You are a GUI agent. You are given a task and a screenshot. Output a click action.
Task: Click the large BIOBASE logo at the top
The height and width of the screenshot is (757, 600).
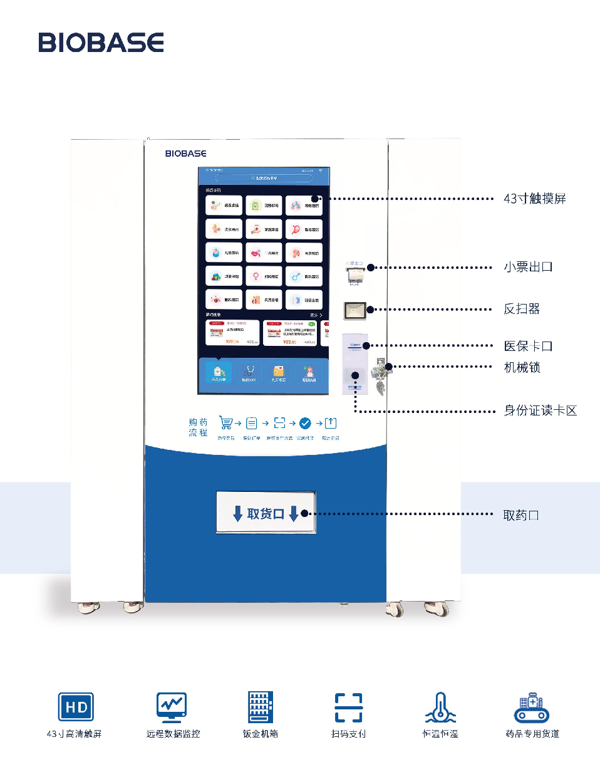click(x=101, y=42)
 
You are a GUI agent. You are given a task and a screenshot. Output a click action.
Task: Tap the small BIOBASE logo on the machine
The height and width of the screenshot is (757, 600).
click(x=185, y=153)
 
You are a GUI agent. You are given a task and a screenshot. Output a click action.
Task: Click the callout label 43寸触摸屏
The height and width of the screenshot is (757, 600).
click(x=534, y=199)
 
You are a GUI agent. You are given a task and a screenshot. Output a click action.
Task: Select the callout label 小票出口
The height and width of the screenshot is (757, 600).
click(x=528, y=267)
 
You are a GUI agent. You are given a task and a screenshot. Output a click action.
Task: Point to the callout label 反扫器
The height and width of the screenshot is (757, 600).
click(x=522, y=309)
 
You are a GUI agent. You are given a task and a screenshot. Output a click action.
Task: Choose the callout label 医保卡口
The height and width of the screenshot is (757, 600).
click(x=528, y=346)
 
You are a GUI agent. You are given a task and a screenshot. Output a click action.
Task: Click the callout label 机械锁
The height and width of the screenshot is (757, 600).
click(x=522, y=367)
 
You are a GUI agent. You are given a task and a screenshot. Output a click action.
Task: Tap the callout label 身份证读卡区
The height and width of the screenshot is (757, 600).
click(x=540, y=410)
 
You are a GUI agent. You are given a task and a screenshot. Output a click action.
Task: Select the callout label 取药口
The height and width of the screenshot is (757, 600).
click(x=521, y=515)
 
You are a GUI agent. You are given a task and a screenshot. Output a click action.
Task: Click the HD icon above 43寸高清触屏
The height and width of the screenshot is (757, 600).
click(x=76, y=707)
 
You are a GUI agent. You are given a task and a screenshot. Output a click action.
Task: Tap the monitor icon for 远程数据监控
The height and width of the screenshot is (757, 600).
click(x=172, y=707)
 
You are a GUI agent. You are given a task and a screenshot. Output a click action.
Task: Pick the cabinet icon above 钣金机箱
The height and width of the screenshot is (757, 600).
click(x=261, y=707)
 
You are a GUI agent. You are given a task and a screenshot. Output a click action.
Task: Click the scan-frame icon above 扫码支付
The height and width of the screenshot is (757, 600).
click(x=348, y=707)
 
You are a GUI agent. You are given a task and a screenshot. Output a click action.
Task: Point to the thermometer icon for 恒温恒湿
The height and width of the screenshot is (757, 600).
click(x=440, y=707)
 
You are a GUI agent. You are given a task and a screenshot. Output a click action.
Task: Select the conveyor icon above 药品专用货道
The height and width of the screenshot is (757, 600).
click(x=532, y=708)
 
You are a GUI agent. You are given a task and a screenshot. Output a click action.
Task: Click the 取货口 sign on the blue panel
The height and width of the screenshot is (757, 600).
click(x=266, y=513)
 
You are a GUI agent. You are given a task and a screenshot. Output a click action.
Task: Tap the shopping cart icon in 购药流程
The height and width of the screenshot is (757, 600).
click(x=225, y=423)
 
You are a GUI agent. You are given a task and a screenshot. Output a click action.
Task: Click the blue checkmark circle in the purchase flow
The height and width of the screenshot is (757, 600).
click(x=305, y=423)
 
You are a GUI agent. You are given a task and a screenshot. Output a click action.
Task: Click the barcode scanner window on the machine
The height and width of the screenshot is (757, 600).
click(x=354, y=310)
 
